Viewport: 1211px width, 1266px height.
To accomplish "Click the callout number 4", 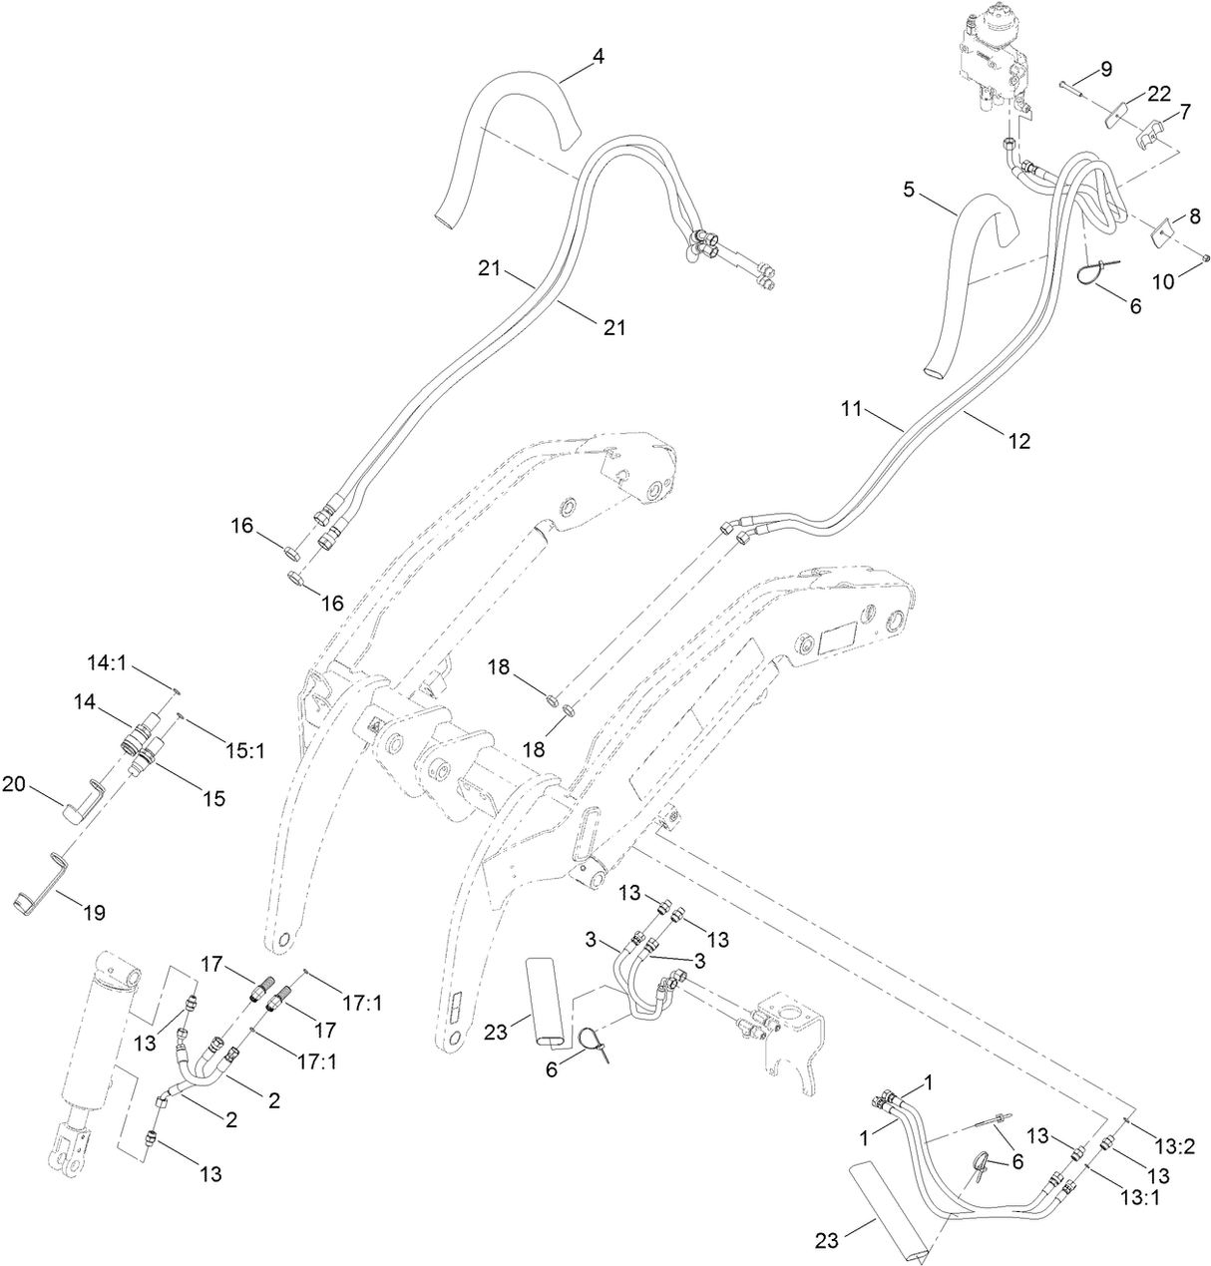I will coord(598,57).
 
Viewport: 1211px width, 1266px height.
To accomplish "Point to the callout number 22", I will coord(1158,93).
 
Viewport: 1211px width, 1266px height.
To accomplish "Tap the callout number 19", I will coord(95,912).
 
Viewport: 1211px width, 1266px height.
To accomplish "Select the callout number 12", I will coord(1018,440).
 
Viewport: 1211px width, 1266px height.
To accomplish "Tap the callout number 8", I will coord(1194,215).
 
